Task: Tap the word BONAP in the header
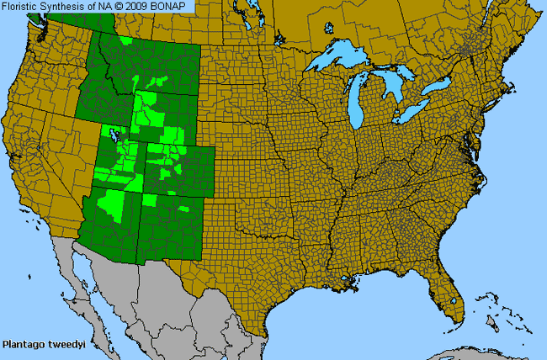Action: coord(174,7)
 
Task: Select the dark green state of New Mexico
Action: coord(168,227)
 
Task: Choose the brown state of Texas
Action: coord(252,269)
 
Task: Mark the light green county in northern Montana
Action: coord(126,40)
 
